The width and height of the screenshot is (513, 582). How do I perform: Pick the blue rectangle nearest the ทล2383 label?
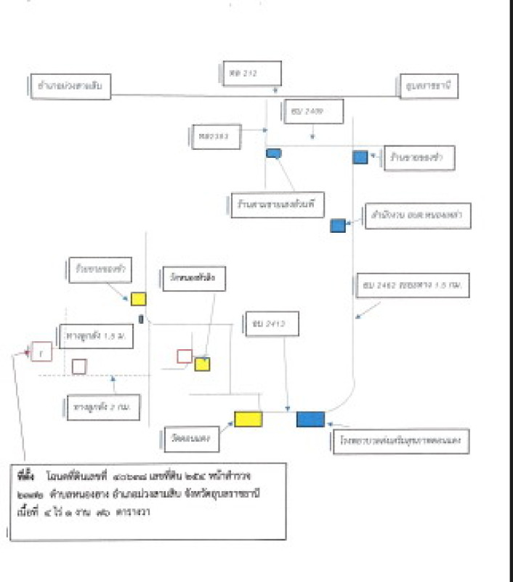click(273, 153)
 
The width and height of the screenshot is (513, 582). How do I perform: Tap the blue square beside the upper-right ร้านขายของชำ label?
click(360, 156)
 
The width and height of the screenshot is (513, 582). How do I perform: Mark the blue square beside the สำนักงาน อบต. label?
click(338, 226)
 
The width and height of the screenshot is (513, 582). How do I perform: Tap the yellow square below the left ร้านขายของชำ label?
click(138, 299)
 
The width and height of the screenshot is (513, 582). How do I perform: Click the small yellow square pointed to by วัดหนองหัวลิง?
click(202, 364)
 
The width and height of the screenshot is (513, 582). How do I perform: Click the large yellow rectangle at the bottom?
click(248, 418)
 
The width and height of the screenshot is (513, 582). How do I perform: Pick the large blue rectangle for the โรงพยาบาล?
click(310, 418)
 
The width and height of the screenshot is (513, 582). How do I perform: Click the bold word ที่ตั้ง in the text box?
click(26, 474)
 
